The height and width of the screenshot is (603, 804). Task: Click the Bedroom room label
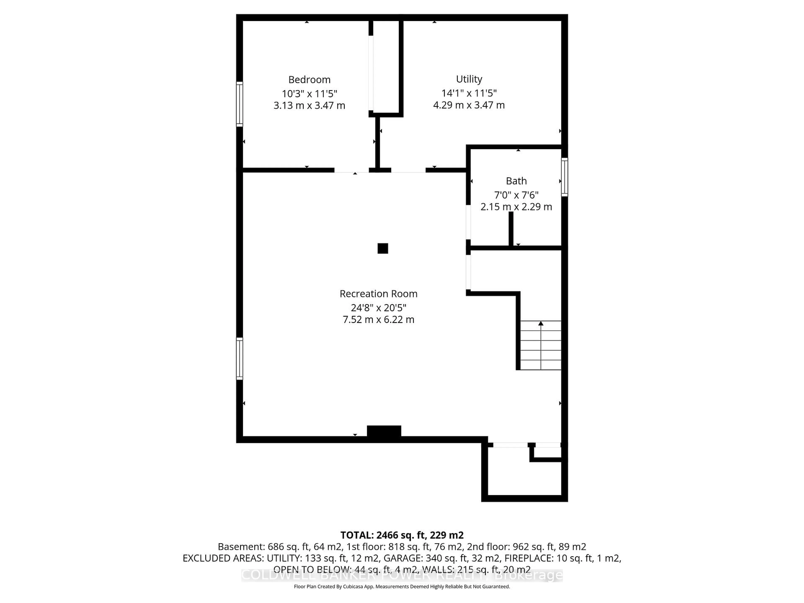click(309, 80)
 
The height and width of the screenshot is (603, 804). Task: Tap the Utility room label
click(469, 79)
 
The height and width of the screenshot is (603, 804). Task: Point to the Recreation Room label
click(378, 294)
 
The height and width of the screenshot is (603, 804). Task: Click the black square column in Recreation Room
click(383, 249)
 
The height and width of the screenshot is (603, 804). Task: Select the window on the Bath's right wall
click(564, 177)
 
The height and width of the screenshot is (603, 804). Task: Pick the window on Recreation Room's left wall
click(240, 359)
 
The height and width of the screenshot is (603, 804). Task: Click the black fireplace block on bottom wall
click(384, 432)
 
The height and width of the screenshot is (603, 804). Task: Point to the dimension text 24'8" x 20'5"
click(378, 308)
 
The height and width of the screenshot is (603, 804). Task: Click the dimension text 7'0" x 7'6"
click(516, 195)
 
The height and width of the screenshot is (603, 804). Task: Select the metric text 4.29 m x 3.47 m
click(469, 105)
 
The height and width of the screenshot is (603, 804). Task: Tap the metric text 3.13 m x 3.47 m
click(309, 105)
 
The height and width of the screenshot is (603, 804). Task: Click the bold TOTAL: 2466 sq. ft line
click(402, 535)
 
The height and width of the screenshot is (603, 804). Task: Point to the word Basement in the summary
click(241, 547)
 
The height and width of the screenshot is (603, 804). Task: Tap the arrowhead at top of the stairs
click(541, 323)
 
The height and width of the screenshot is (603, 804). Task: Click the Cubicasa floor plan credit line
click(402, 587)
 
